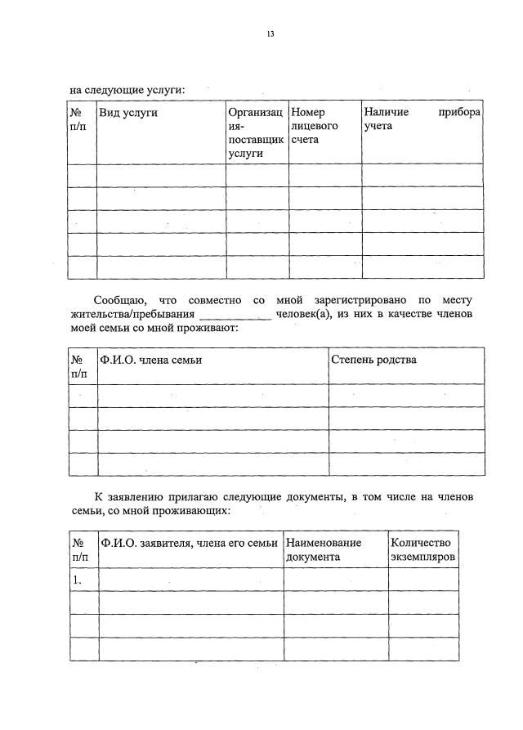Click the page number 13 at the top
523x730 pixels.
point(270,34)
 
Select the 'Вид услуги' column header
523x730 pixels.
point(128,113)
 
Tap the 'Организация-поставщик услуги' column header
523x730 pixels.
point(257,132)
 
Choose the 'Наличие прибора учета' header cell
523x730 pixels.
point(422,119)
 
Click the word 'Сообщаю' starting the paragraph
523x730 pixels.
point(121,301)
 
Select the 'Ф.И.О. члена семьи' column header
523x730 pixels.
point(150,360)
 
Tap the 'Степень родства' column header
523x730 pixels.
point(373,360)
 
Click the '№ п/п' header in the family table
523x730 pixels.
point(82,366)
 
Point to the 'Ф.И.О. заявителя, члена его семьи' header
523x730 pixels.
point(189,542)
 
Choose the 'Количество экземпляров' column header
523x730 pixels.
point(422,549)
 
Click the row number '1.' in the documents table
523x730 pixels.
point(78,579)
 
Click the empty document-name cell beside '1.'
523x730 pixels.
point(335,579)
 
